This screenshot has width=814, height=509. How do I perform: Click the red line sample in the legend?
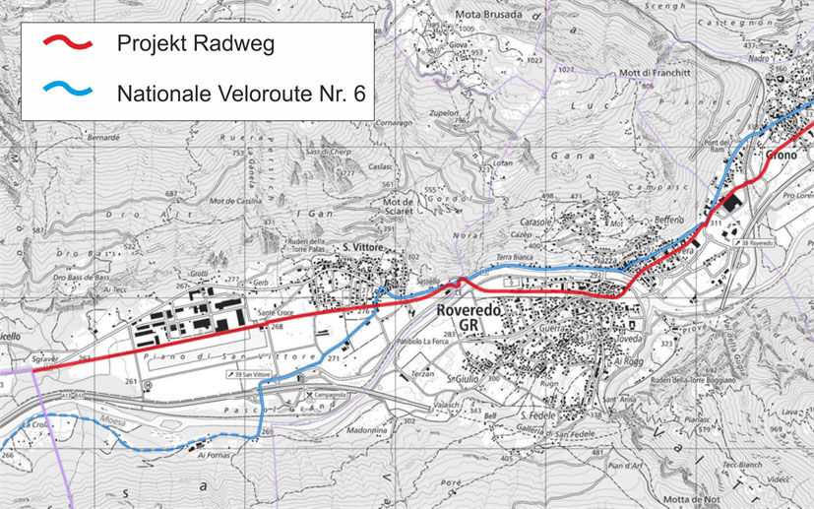pos(67,43)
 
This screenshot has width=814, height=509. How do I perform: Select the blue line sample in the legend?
pos(67,90)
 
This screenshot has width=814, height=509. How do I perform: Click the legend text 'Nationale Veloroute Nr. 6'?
pos(240,94)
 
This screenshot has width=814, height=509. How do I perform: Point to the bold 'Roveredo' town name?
pos(469,310)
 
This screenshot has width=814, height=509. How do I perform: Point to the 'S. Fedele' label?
pos(537,416)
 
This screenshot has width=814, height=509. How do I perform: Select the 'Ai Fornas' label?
pos(213,455)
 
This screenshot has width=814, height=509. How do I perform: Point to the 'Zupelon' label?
pos(444,113)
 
